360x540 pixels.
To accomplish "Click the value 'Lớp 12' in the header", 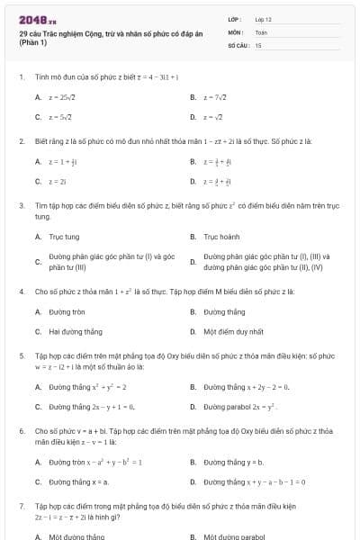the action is click(x=264, y=19).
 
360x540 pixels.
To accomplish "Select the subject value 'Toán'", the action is click(x=261, y=31).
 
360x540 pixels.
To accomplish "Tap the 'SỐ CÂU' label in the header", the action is click(x=237, y=44).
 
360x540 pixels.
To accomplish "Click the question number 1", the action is click(x=21, y=77).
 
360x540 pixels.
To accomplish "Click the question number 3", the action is click(x=21, y=206).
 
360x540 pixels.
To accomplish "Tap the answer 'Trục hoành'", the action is click(x=221, y=237).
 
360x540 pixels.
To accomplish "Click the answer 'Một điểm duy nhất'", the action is click(x=233, y=331).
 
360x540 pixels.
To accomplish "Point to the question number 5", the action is click(x=21, y=355).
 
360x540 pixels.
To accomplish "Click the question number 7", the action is click(x=21, y=506).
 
